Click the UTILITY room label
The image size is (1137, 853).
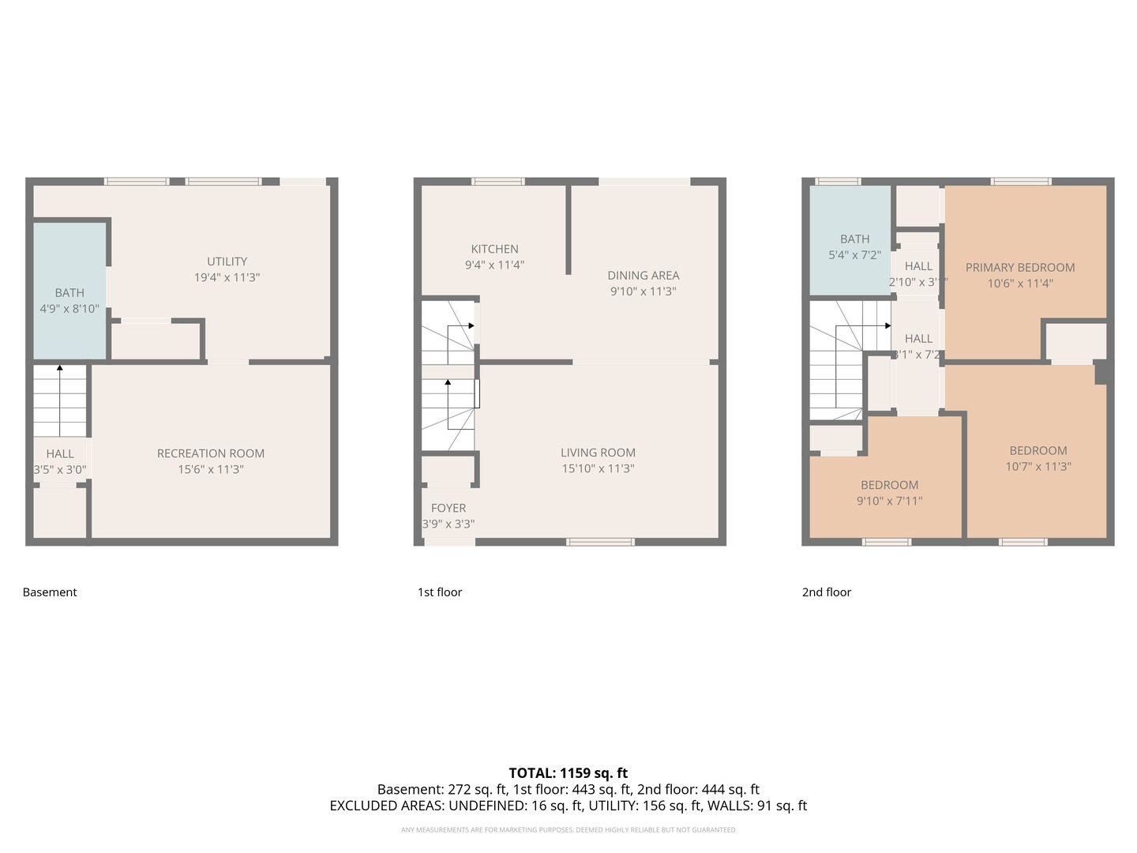(x=227, y=261)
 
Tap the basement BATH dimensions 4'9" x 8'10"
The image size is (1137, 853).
(x=69, y=309)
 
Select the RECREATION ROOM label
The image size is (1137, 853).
(x=210, y=453)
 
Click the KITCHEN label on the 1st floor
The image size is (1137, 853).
(x=494, y=249)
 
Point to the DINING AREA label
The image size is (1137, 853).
(x=643, y=276)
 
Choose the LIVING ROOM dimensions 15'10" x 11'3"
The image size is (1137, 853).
(x=598, y=468)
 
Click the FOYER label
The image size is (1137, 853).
(x=448, y=508)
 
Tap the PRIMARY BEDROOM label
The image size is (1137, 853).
(x=1019, y=268)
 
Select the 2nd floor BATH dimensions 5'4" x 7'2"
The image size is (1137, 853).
(x=854, y=255)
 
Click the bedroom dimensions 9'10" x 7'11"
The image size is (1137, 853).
(x=889, y=501)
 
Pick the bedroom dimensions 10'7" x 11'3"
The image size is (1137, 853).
(x=1038, y=467)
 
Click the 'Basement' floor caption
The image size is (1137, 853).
(x=50, y=592)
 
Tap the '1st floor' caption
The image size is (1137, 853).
(x=439, y=592)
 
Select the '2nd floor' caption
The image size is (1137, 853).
(x=826, y=592)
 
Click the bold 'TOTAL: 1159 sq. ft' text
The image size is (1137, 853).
(x=568, y=773)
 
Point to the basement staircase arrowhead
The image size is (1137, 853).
(x=60, y=367)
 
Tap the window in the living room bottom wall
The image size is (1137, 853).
(x=600, y=542)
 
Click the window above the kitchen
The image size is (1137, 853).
(x=497, y=182)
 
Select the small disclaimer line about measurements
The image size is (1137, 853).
(x=568, y=830)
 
